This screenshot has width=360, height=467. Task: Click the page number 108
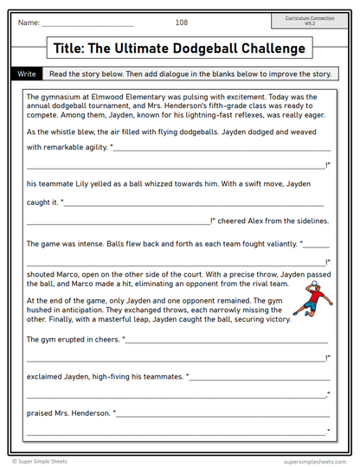181,22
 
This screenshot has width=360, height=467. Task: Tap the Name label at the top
29,22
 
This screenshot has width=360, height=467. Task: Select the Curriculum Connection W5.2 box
309,21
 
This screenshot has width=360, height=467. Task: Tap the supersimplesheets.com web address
310,461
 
